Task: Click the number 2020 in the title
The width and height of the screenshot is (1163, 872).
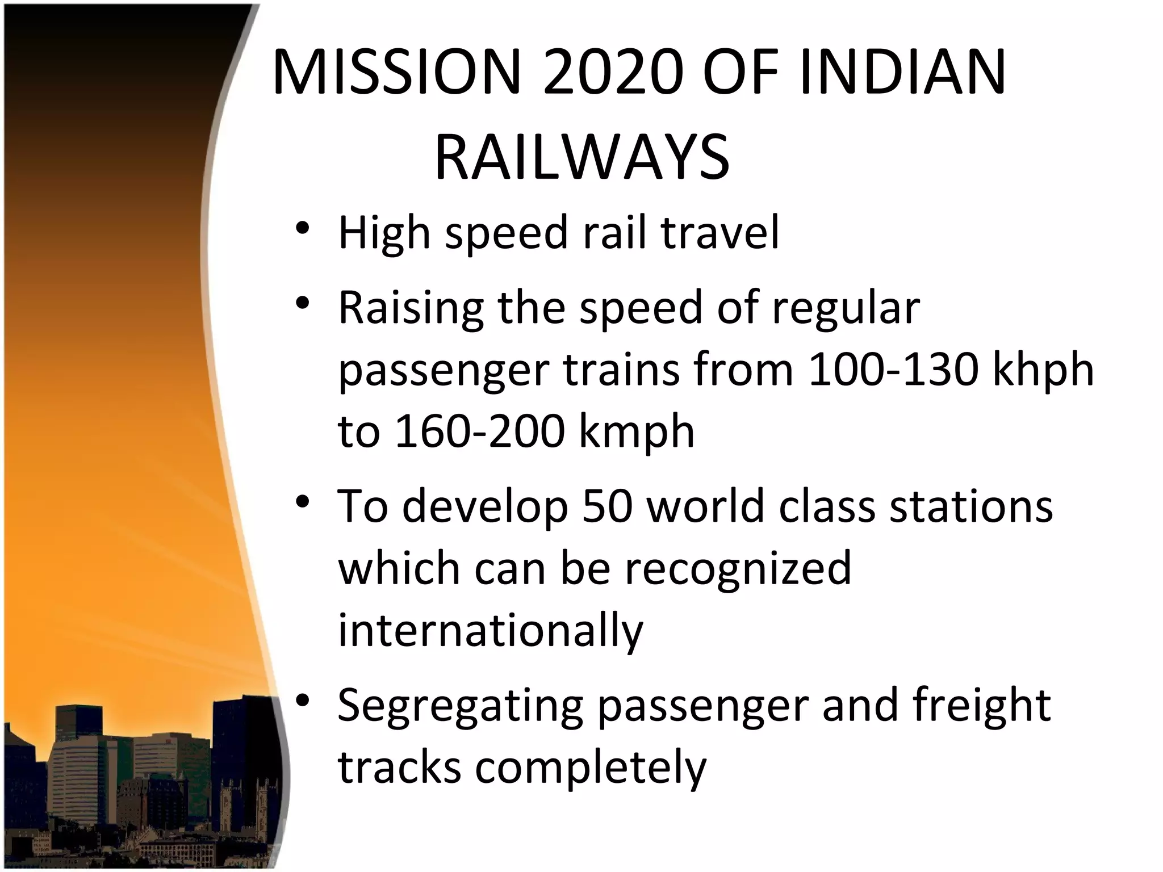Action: pos(611,73)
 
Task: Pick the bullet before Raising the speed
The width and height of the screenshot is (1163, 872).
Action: pos(302,303)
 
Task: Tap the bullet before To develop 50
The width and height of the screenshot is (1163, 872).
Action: pos(302,502)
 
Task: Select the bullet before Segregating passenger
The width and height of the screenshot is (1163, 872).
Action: pos(302,701)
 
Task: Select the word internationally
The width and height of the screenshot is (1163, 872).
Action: pos(491,631)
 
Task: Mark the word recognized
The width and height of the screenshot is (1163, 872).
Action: pos(738,568)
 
